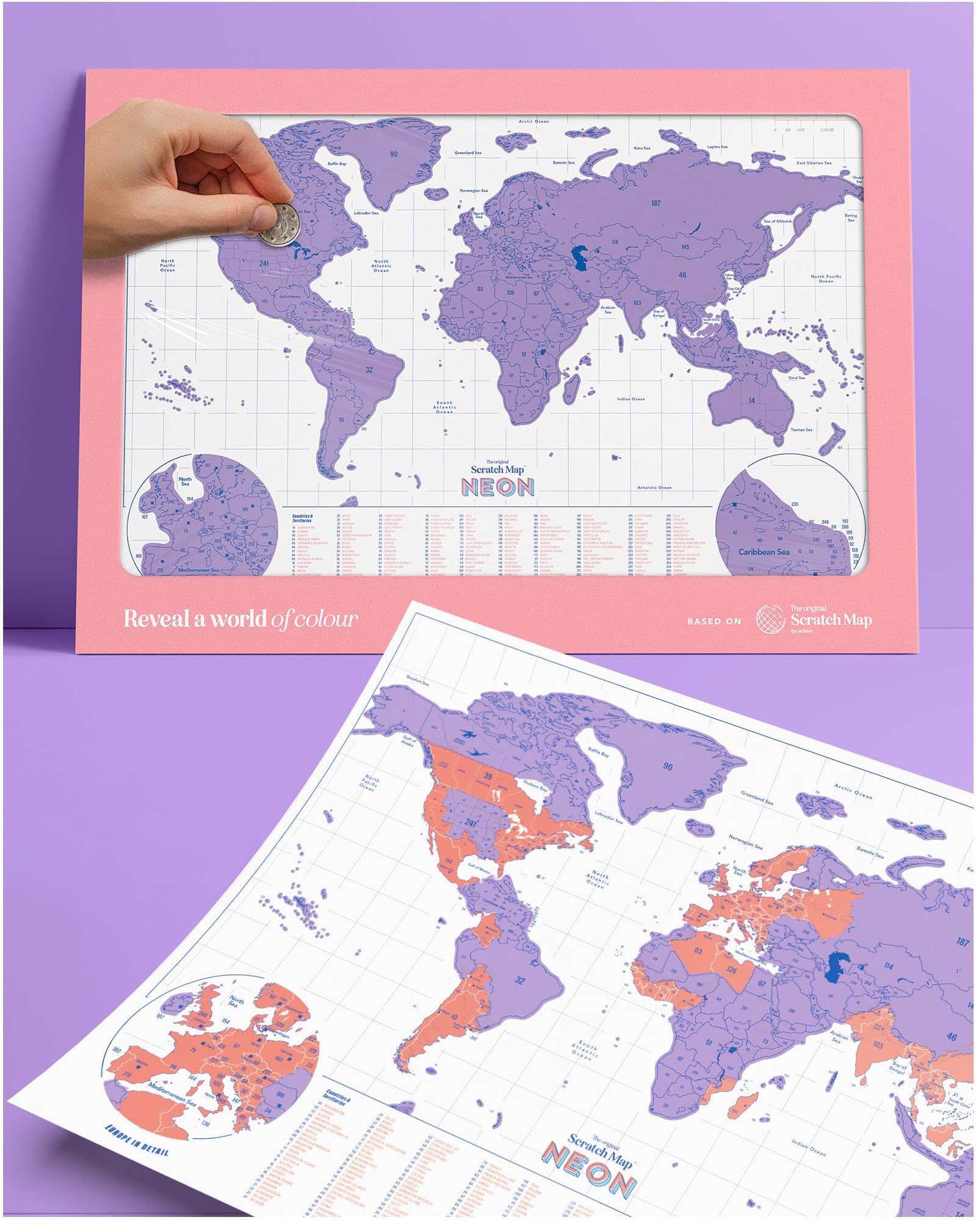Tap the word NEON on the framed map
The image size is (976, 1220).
pyautogui.click(x=497, y=487)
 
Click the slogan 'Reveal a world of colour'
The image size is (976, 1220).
pyautogui.click(x=240, y=619)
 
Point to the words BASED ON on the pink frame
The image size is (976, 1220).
pyautogui.click(x=714, y=621)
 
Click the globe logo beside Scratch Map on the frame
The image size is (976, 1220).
pyautogui.click(x=770, y=619)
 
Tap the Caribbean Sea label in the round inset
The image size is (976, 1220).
pyautogui.click(x=764, y=552)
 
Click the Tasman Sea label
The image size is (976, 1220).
pyautogui.click(x=801, y=430)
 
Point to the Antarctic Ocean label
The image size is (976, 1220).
pyautogui.click(x=654, y=487)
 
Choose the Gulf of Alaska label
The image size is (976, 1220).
pyautogui.click(x=409, y=741)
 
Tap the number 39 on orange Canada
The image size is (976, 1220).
pyautogui.click(x=488, y=777)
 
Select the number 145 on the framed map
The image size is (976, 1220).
pyautogui.click(x=685, y=247)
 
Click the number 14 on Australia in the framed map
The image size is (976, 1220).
pyautogui.click(x=751, y=401)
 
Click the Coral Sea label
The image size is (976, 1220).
pyautogui.click(x=797, y=377)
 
